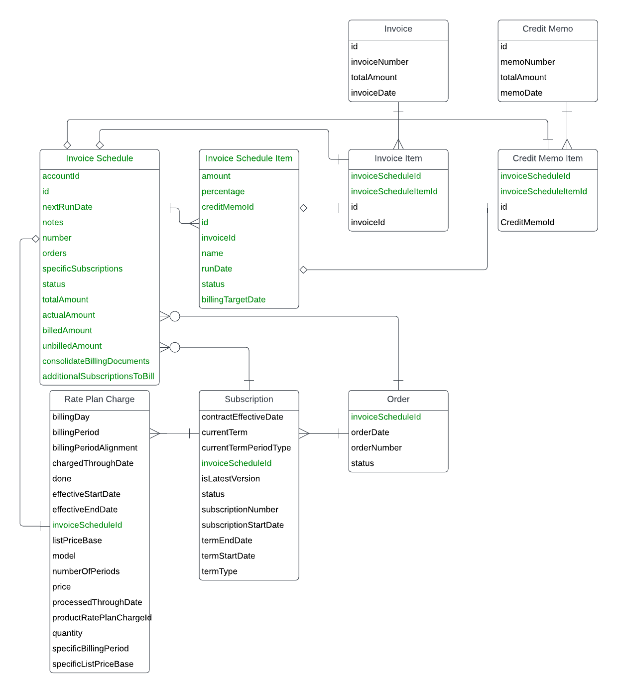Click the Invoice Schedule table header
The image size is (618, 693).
99,158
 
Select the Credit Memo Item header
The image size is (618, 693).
547,158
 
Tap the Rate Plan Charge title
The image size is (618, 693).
99,399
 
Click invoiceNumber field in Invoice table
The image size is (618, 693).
379,62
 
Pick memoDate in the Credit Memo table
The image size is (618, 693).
521,93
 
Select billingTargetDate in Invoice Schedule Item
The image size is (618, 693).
233,299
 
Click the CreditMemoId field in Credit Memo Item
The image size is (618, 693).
527,222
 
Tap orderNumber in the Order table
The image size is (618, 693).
376,448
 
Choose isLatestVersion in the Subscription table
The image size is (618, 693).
231,479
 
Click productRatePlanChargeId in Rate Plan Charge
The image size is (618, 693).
102,618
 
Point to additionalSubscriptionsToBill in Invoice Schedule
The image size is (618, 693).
98,376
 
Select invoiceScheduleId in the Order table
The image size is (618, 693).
385,417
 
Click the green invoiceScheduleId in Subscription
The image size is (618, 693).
236,463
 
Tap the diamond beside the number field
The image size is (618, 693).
35,239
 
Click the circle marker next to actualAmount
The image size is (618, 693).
175,316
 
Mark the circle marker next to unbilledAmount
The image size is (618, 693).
175,347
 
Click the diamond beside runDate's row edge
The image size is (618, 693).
303,270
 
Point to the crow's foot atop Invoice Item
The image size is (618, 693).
398,144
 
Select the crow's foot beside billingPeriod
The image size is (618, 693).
155,433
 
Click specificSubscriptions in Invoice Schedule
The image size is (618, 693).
82,269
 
